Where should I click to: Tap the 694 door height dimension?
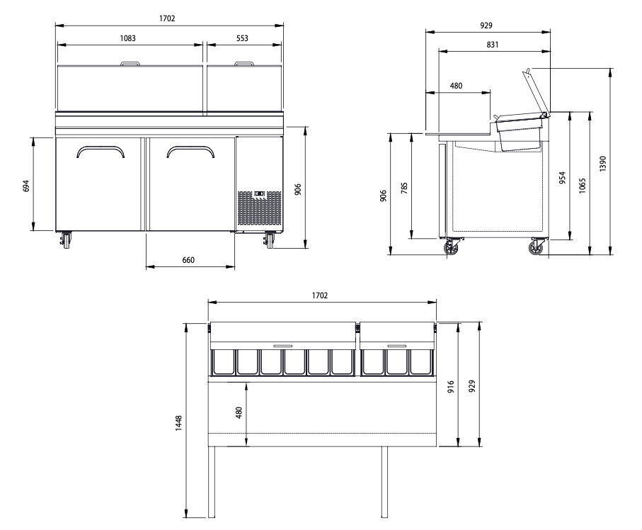tap(26, 186)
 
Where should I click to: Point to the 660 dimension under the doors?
tap(188, 260)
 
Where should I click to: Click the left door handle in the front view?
tap(100, 151)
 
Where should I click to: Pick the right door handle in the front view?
tap(190, 151)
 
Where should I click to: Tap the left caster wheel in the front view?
tap(66, 239)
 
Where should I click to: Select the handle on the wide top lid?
tap(132, 65)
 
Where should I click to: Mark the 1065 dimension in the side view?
tap(583, 186)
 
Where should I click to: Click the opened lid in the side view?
tap(536, 92)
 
